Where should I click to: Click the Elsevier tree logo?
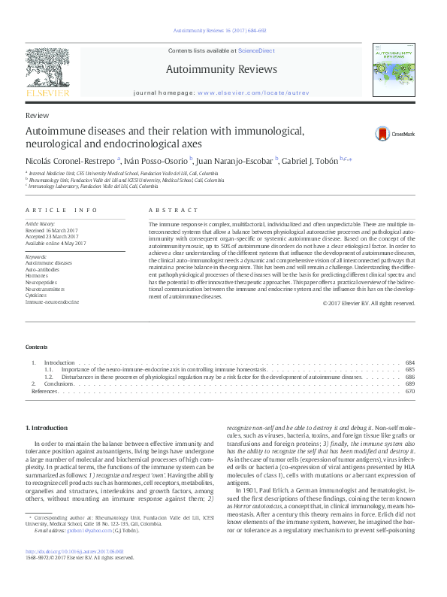(x=47, y=71)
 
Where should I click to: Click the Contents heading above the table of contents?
(x=36, y=347)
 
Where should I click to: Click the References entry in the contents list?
(x=44, y=392)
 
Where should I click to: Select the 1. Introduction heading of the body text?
(x=47, y=428)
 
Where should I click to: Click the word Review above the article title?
(x=37, y=116)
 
